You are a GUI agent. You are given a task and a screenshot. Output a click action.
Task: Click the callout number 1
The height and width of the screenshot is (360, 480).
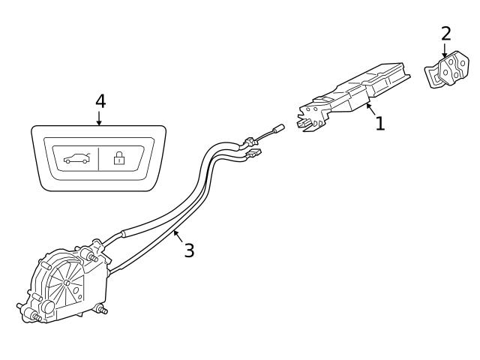(380, 124)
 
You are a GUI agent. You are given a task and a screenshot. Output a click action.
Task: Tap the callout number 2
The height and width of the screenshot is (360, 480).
(446, 34)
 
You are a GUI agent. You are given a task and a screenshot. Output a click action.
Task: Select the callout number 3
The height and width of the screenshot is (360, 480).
(189, 250)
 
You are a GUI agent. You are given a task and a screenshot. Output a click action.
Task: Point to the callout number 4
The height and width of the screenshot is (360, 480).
(100, 101)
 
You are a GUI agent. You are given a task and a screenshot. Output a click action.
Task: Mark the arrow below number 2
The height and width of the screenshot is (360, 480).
(445, 51)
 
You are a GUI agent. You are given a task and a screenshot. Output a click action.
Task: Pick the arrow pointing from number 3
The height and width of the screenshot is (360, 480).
(178, 237)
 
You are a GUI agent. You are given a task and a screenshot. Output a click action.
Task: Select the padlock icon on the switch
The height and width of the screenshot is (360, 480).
(118, 157)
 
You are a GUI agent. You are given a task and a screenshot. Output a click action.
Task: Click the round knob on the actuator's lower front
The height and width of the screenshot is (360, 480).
(46, 306)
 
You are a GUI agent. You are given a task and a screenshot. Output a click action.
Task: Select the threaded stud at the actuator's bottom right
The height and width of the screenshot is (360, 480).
(101, 309)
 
